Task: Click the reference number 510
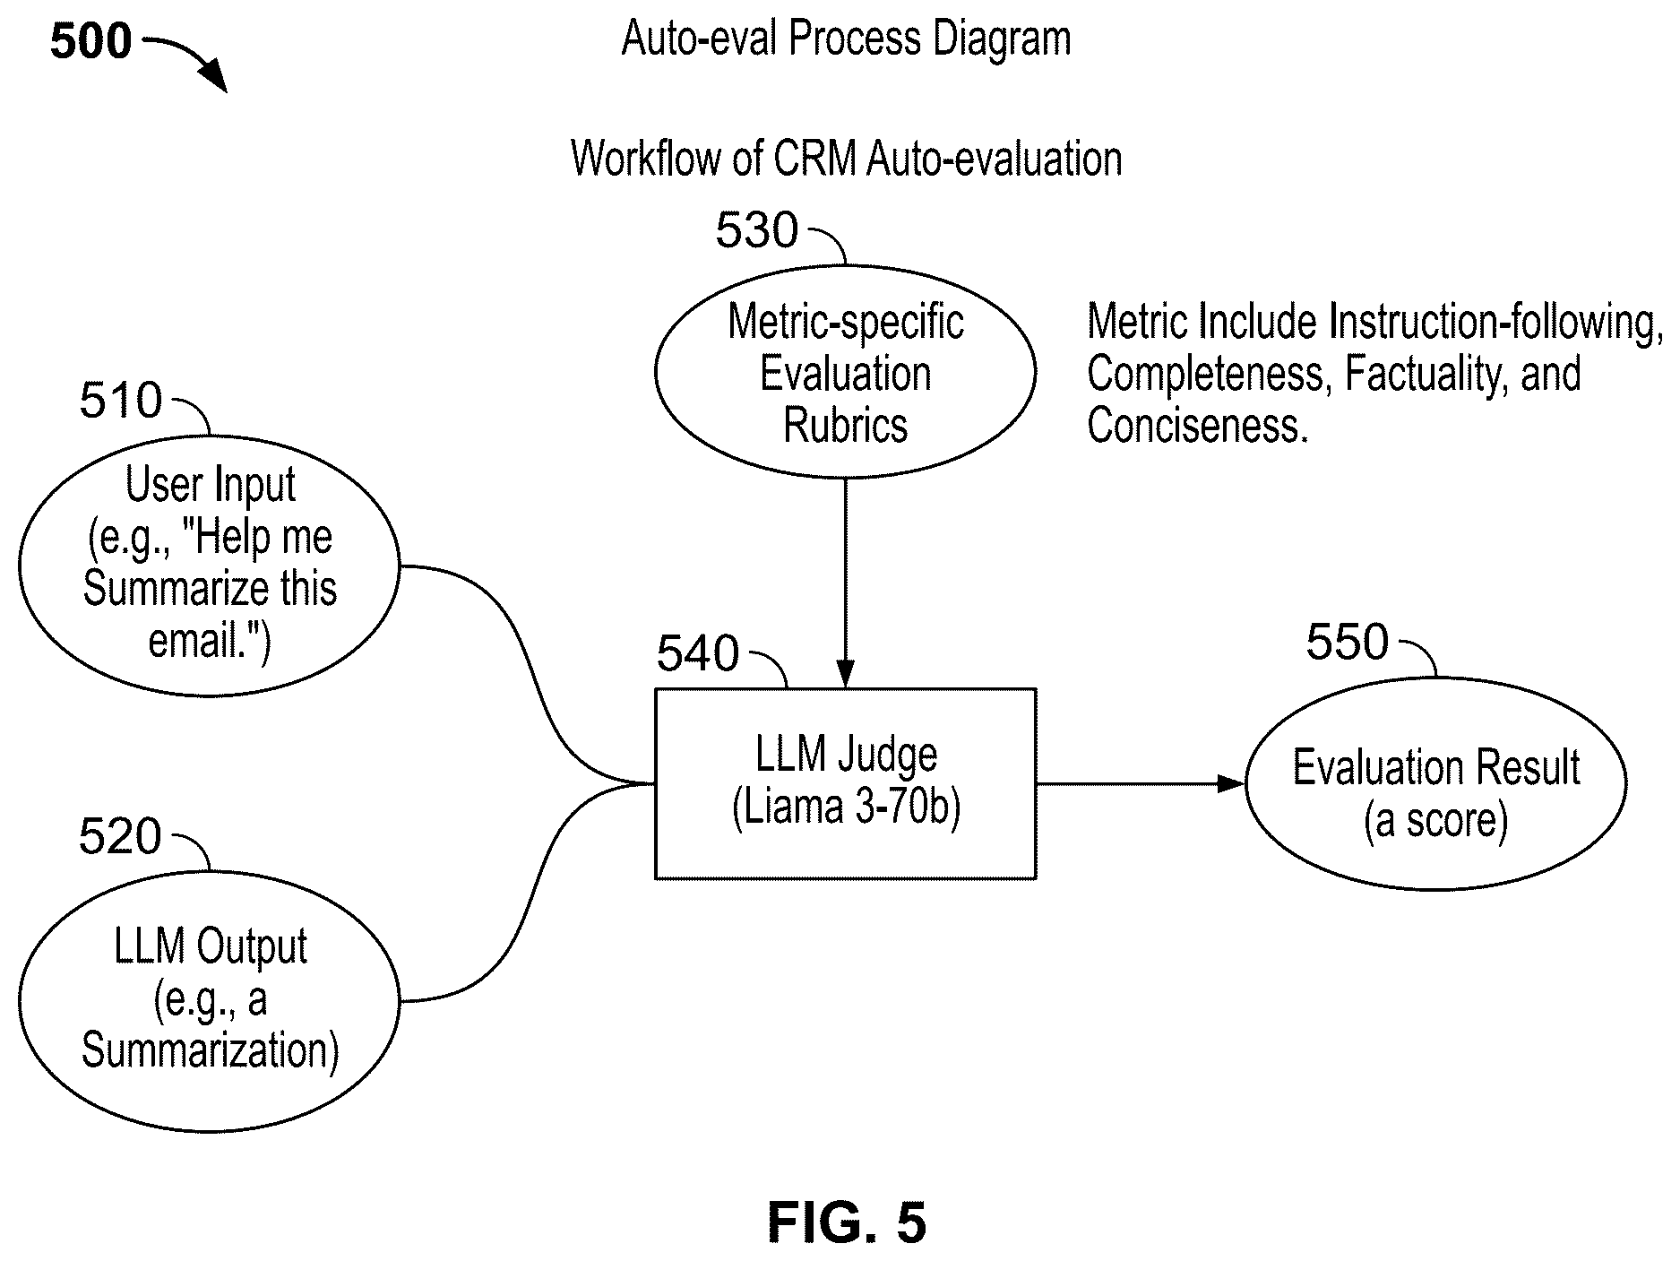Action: (121, 401)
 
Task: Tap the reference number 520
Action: (120, 836)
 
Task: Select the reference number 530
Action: (756, 230)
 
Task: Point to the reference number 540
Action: (698, 653)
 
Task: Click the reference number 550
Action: (1348, 642)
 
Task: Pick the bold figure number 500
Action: (90, 42)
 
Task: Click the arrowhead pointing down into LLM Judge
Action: (846, 675)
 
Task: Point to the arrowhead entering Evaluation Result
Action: (1231, 784)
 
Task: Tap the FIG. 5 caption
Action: (847, 1222)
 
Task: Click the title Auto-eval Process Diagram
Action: (847, 39)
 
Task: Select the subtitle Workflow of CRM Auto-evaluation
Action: (847, 160)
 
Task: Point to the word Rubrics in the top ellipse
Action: (846, 426)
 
